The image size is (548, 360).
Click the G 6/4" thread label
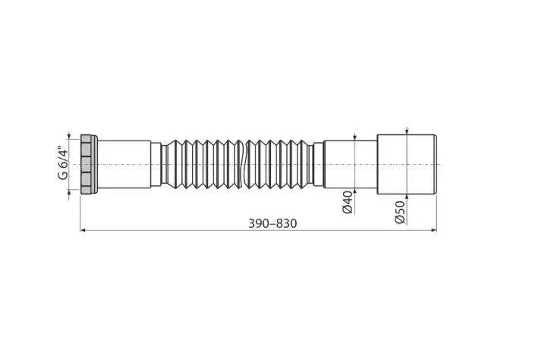click(63, 163)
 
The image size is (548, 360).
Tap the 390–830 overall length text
click(272, 223)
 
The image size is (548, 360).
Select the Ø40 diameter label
click(348, 203)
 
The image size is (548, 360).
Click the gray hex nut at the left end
click(87, 164)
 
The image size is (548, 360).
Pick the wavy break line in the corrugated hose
click(242, 164)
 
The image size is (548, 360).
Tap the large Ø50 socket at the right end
click(405, 164)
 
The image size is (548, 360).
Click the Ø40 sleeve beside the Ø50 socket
click(350, 164)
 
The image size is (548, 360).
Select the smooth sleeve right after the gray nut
click(124, 164)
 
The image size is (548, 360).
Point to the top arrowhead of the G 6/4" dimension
click(70, 134)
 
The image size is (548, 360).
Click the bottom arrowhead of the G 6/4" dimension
click(70, 193)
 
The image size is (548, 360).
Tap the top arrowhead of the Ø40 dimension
click(354, 137)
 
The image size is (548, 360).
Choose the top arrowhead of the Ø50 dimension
click(407, 131)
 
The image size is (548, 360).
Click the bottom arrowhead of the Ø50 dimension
click(407, 197)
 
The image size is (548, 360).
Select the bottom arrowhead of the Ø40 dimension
click(354, 191)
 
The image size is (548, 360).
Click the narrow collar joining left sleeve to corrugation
click(156, 164)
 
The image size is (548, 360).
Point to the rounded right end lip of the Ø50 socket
click(435, 164)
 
